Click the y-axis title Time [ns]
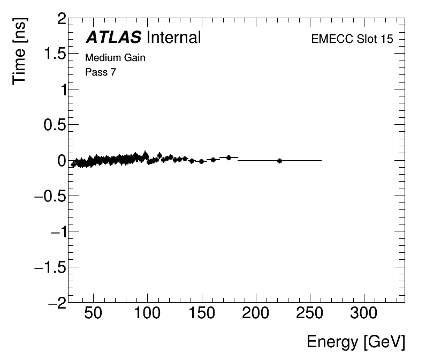pos(20,51)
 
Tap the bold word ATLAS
pos(113,37)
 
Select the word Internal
pos(173,37)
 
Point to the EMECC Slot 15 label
pos(352,40)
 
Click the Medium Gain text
pos(115,58)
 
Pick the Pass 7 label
pos(101,72)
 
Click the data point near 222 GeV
pos(279,161)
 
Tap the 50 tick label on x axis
pos(94,313)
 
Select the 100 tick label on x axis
pos(148,313)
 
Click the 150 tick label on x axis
pos(202,313)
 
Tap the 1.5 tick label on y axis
pos(55,55)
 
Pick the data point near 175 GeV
pos(229,157)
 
